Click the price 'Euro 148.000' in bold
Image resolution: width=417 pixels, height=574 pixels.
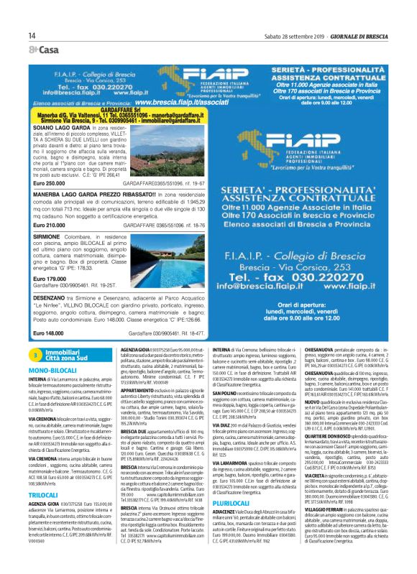click(x=49, y=333)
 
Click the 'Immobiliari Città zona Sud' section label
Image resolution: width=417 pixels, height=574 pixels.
click(x=65, y=355)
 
